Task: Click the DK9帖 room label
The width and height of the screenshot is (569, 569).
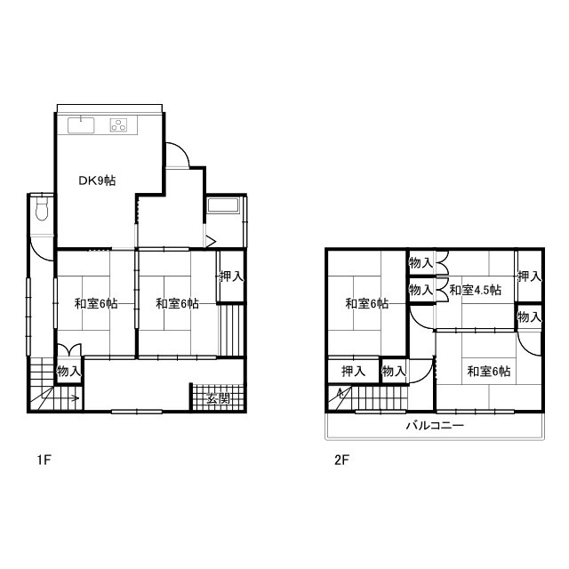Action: tap(96, 180)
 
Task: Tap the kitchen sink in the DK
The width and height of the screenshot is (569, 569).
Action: tap(80, 124)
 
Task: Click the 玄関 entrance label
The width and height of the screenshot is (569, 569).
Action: tap(218, 397)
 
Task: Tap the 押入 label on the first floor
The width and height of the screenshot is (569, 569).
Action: tap(231, 276)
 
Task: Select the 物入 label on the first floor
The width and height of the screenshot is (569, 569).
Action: tap(68, 371)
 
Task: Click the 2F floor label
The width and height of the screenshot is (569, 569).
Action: tap(341, 461)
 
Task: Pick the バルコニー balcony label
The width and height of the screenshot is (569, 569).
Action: tap(435, 426)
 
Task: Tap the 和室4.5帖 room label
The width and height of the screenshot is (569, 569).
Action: tap(475, 290)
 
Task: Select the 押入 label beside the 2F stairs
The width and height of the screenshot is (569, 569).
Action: tap(353, 371)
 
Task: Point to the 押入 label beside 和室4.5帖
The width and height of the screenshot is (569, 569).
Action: tap(529, 276)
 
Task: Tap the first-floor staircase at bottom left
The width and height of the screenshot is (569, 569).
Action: tap(53, 391)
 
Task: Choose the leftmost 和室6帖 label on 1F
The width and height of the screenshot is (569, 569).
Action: tap(95, 304)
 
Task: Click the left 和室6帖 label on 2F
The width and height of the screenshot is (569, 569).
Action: tap(366, 303)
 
